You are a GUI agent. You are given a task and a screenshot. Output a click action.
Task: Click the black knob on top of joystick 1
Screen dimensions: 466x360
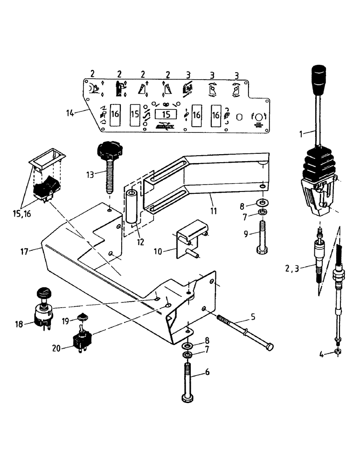click(x=318, y=82)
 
